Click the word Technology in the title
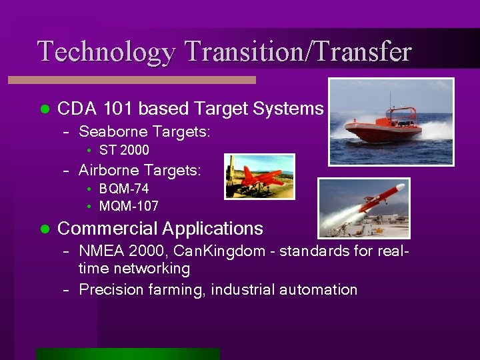tap(106, 51)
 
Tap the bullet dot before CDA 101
tap(45, 109)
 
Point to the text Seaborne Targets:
tap(145, 132)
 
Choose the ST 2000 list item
tap(124, 150)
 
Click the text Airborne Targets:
tap(139, 171)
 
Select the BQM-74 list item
tap(124, 189)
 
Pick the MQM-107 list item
tap(129, 206)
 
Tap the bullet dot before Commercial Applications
tap(45, 229)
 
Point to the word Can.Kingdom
tap(199, 252)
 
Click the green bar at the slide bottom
tap(127, 354)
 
